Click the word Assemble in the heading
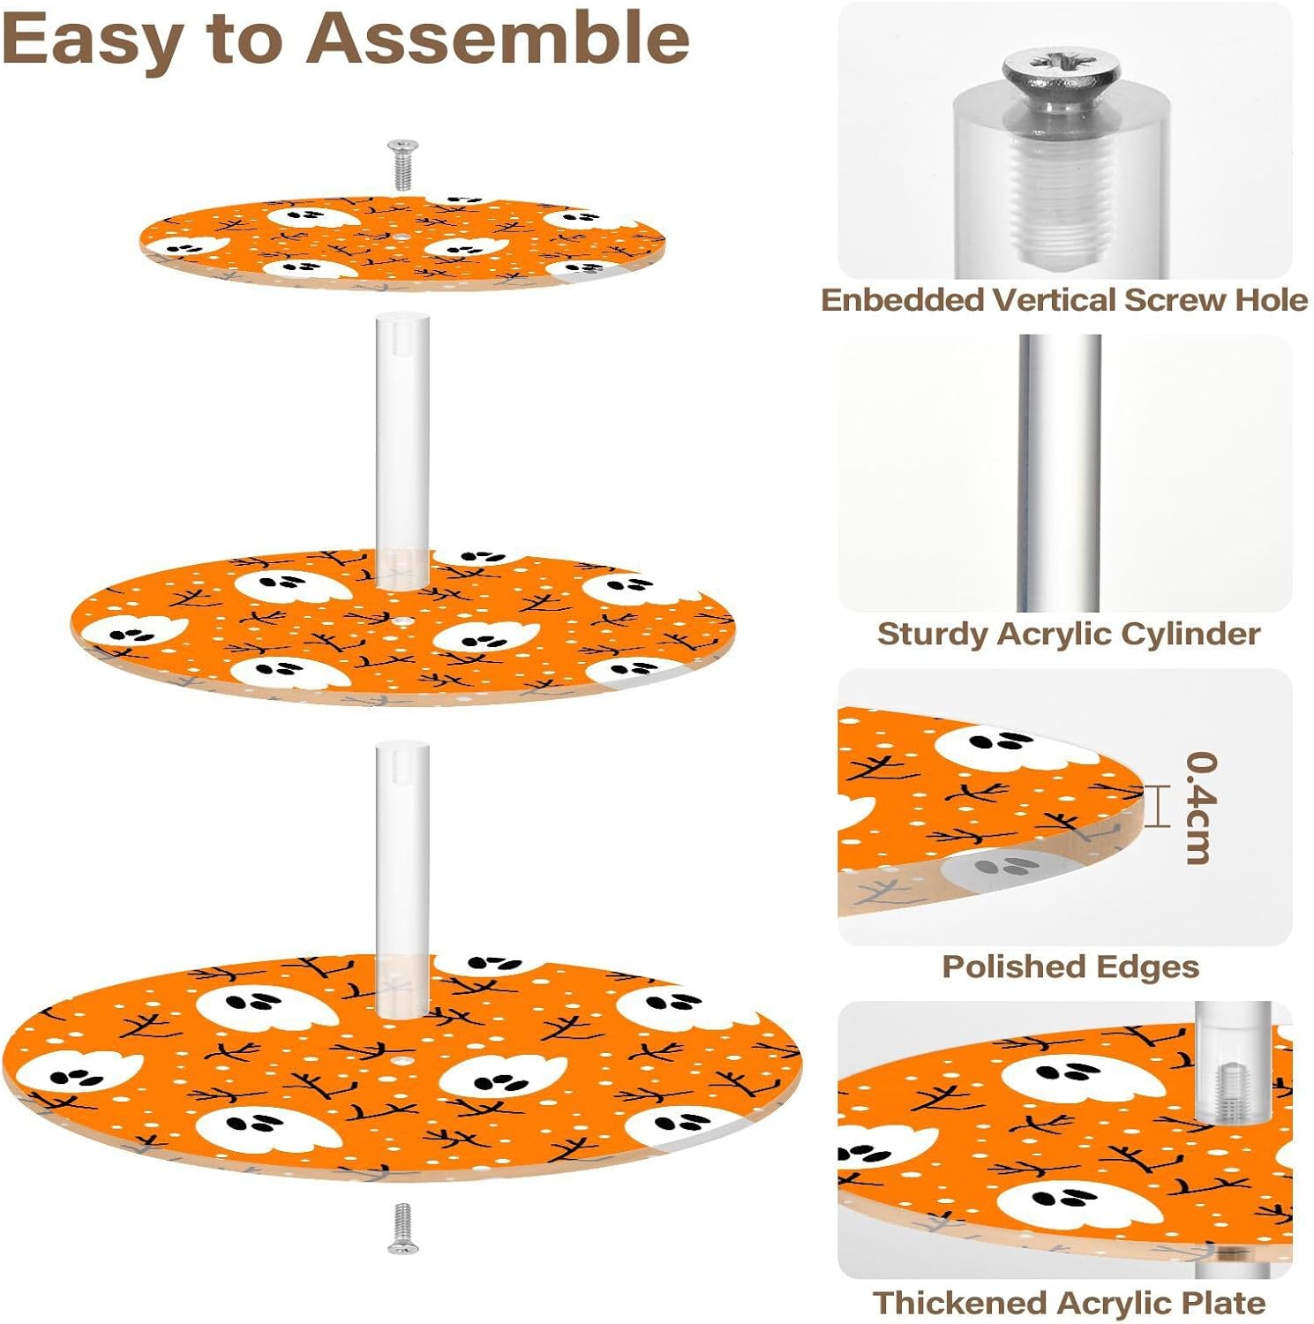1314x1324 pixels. pos(499,38)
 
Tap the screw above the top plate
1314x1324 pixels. pos(402,164)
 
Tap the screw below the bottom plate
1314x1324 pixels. pos(402,1228)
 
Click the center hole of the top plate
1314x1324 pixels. pos(402,237)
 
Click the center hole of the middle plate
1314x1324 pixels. pos(402,621)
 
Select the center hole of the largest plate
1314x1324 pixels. pos(402,1059)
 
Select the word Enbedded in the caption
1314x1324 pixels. pos(902,300)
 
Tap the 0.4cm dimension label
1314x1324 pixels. pos(1201,807)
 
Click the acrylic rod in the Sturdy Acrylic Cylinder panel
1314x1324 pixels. pos(1060,472)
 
